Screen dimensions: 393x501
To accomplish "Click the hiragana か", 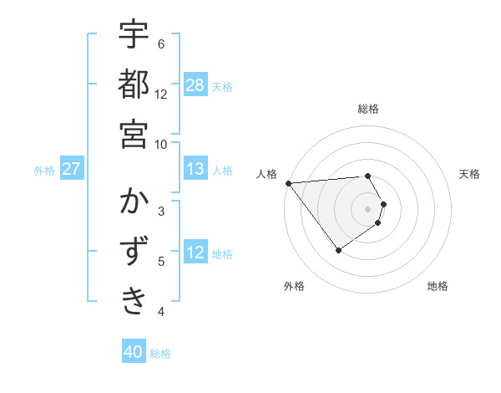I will coord(134,202).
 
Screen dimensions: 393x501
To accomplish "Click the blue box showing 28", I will coord(195,85).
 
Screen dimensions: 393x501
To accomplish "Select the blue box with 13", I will coord(195,169).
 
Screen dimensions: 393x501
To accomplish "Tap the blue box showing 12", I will coord(195,253).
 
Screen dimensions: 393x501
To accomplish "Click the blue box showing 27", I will coord(72,169).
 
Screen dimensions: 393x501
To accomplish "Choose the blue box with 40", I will coord(134,352).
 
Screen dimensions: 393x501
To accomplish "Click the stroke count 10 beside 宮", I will coord(161,143).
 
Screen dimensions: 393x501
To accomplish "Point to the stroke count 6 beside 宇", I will coord(161,43).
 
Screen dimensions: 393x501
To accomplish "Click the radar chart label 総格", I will coord(368,109).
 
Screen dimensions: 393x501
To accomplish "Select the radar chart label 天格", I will coord(470,174).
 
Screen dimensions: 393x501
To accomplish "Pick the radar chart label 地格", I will coord(438,286).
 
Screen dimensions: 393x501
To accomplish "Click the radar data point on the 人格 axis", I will coord(288,182).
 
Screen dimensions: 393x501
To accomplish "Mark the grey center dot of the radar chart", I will coord(368,208).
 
